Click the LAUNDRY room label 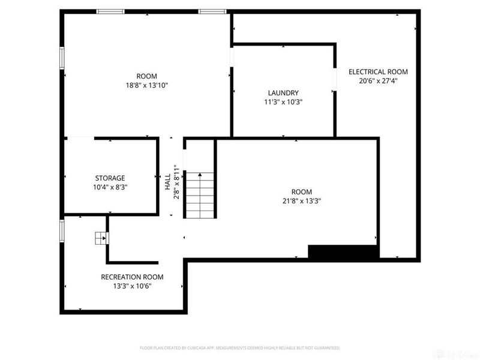coord(283,92)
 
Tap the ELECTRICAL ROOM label coord(378,71)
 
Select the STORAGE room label coord(110,178)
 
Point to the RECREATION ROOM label coord(132,277)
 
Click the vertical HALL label coord(167,183)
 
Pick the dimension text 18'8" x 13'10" coord(146,85)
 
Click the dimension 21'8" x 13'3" coord(298,202)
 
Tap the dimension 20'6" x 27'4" coord(378,80)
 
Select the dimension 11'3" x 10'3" coord(283,102)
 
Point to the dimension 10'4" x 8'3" coord(110,187)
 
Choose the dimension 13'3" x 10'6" coord(132,286)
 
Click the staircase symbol coord(199,195)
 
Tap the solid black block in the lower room coord(343,252)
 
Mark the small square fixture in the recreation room coord(100,238)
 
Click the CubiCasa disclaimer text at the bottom coord(240,347)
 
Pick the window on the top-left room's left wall coord(61,59)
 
